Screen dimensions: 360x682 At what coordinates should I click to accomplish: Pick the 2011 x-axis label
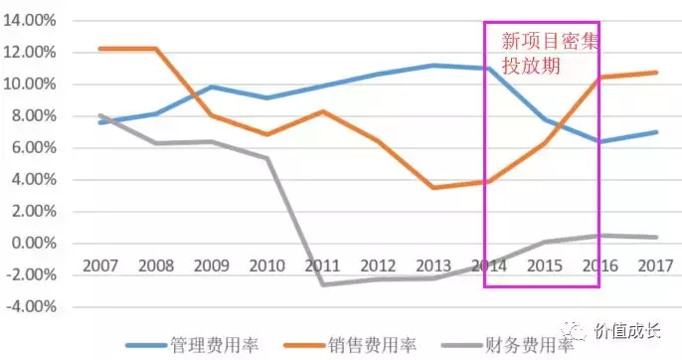pyautogui.click(x=320, y=267)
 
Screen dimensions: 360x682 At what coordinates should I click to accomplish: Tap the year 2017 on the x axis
pyautogui.click(x=649, y=267)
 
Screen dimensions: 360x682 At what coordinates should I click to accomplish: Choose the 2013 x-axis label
pyautogui.click(x=429, y=267)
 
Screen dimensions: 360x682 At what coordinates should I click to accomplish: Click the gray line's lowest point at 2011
pyautogui.click(x=320, y=284)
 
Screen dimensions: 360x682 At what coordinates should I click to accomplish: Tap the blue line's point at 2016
pyautogui.click(x=595, y=141)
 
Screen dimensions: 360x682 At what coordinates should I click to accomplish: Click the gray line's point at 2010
pyautogui.click(x=265, y=158)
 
